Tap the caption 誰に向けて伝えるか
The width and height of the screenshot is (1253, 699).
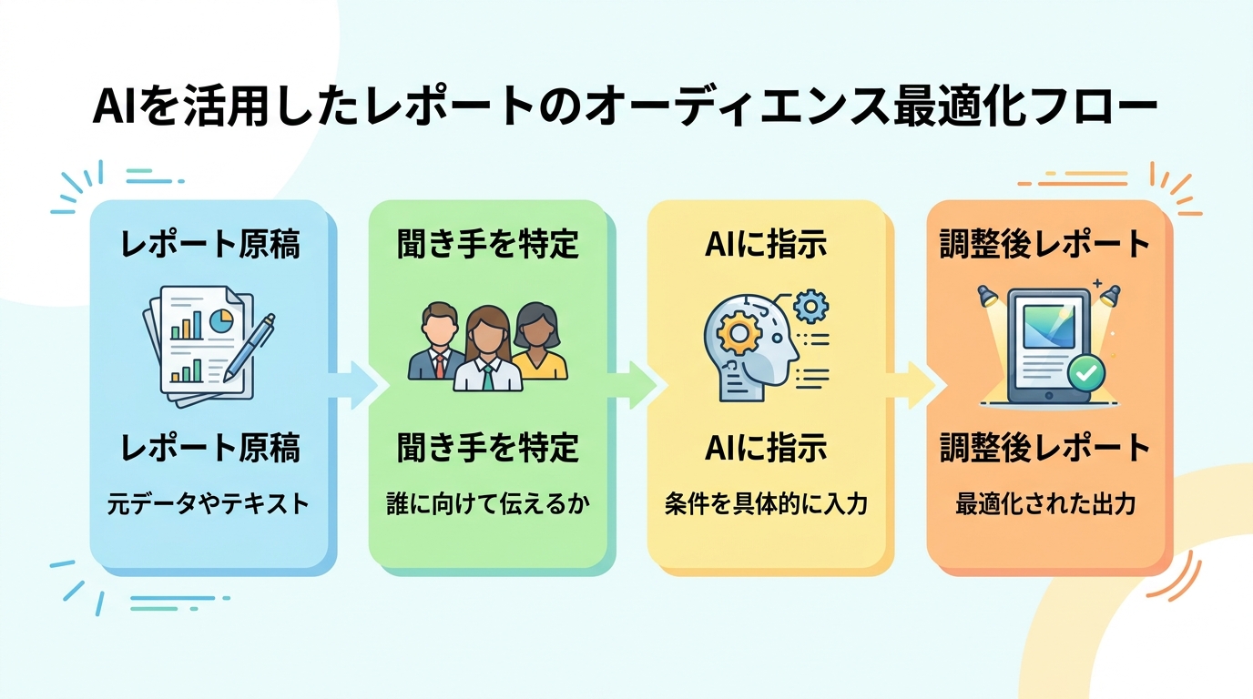coord(488,503)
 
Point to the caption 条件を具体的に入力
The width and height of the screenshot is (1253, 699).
coord(766,503)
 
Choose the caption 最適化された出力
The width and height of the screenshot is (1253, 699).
coord(1044,503)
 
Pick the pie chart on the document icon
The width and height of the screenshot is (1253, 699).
coord(221,320)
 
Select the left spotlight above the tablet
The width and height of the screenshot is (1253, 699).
coord(987,295)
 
